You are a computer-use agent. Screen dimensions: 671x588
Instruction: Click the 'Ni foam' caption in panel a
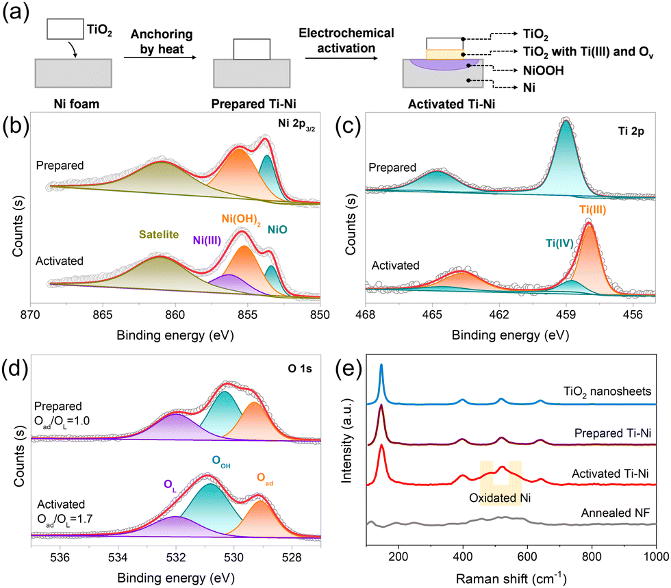[76, 104]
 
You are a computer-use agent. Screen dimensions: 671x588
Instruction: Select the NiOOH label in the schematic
[543, 71]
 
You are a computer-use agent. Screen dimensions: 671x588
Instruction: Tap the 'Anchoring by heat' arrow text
[162, 42]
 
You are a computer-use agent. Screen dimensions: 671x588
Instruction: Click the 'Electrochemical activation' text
[346, 40]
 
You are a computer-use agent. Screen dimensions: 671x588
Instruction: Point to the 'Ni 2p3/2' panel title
[296, 124]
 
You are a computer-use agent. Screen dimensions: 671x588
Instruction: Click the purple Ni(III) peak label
[207, 240]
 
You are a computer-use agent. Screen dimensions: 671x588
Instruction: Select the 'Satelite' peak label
[159, 234]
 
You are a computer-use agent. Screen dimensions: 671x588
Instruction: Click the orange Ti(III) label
[593, 209]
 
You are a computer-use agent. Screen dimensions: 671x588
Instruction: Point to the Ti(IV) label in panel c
[559, 243]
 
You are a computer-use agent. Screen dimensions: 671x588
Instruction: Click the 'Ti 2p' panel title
[631, 131]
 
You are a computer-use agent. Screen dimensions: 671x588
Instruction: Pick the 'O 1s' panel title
[300, 368]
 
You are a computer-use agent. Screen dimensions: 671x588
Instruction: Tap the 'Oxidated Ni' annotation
[500, 498]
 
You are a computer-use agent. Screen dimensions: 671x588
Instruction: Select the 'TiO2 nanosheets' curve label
[607, 392]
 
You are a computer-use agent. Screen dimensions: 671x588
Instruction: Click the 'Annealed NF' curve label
[616, 513]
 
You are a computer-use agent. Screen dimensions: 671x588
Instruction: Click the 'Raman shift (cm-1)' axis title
[511, 578]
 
